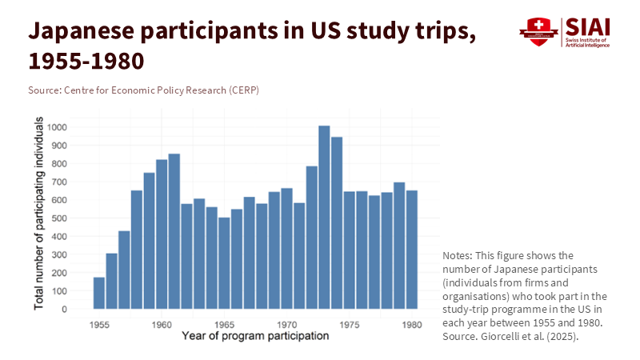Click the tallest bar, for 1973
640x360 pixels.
pos(324,217)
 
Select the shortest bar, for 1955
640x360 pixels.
pos(99,293)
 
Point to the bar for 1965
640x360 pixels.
pos(224,263)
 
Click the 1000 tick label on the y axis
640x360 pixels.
pos(57,127)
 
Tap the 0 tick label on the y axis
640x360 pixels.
pos(65,310)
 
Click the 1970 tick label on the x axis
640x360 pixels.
pos(286,325)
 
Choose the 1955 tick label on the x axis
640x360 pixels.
pos(99,325)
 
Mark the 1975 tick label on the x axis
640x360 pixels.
pos(349,325)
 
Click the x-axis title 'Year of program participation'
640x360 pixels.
pos(255,336)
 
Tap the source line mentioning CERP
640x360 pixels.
pos(143,90)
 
